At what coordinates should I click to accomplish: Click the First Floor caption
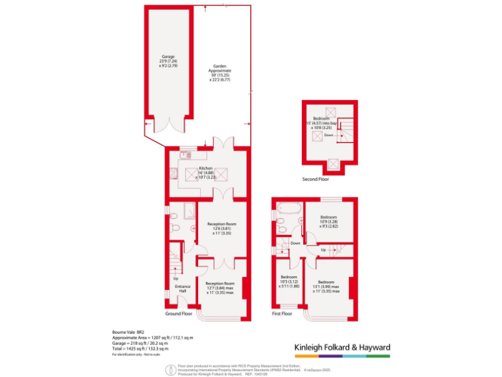pyautogui.click(x=282, y=314)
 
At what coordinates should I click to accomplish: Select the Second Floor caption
pyautogui.click(x=316, y=179)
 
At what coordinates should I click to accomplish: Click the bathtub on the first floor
pyautogui.click(x=288, y=209)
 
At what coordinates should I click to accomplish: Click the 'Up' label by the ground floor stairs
pyautogui.click(x=175, y=279)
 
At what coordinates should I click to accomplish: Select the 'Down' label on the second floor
pyautogui.click(x=328, y=135)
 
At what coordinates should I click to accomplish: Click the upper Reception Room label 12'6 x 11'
pyautogui.click(x=222, y=228)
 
